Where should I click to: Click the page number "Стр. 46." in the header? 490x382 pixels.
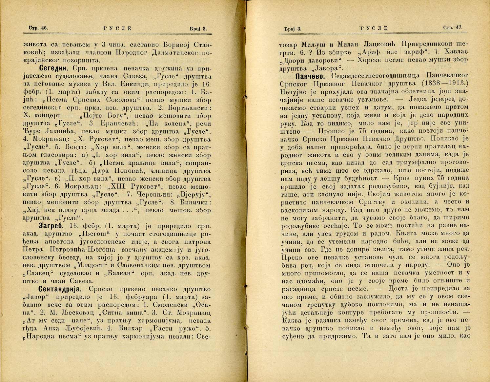click(x=36, y=28)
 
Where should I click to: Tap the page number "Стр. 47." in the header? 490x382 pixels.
click(x=453, y=28)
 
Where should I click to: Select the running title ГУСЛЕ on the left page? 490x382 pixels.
click(x=117, y=29)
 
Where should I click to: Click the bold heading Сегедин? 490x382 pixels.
click(x=53, y=68)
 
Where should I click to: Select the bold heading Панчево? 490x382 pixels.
click(x=309, y=76)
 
